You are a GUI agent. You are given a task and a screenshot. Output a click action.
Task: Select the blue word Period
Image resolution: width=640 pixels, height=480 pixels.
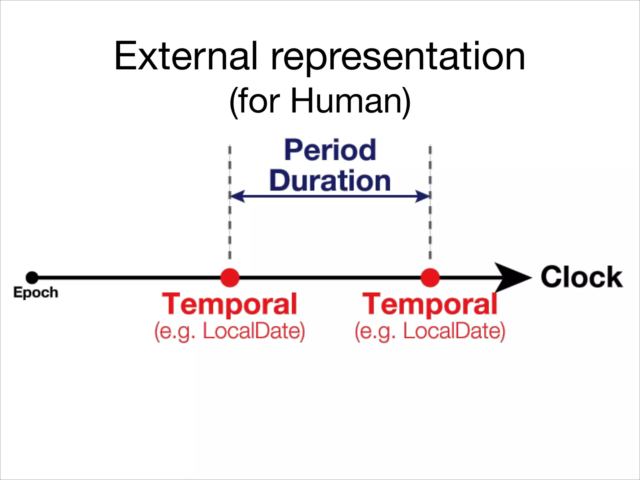(330, 150)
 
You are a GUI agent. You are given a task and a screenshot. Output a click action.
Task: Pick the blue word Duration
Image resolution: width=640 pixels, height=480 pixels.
(330, 181)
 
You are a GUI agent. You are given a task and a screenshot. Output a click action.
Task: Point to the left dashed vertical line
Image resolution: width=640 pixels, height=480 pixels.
(230, 225)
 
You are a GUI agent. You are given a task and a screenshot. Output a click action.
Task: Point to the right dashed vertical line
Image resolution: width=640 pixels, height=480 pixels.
(430, 225)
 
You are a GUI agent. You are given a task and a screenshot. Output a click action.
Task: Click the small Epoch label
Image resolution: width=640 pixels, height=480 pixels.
(36, 293)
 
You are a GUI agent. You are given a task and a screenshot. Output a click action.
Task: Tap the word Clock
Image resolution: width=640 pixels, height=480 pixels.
(582, 277)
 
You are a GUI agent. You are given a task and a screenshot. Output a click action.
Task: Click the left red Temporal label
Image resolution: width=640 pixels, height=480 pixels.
(230, 304)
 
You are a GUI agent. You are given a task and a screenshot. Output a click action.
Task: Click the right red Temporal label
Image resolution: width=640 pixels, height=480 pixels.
(430, 304)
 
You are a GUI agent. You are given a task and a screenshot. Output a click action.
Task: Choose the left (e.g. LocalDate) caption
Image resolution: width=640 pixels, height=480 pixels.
(230, 331)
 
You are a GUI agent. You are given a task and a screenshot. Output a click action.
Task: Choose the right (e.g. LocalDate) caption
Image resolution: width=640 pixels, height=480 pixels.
(430, 331)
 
